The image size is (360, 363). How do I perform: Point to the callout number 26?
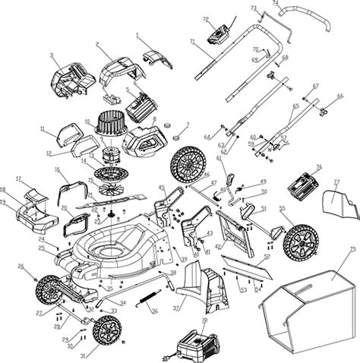(x=21, y=266)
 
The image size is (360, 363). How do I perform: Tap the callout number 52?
(x=267, y=258)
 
